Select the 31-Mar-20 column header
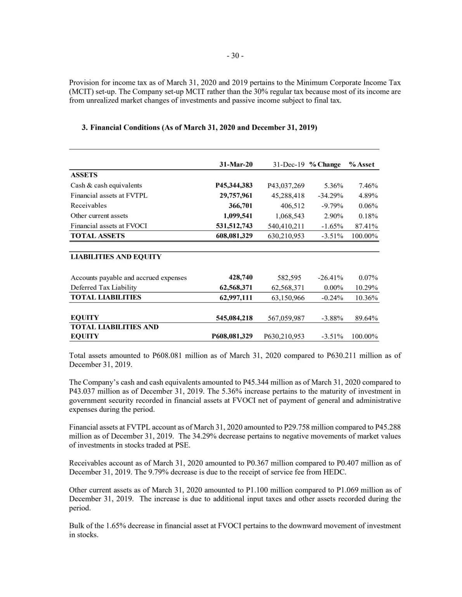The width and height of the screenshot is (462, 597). [x=236, y=164]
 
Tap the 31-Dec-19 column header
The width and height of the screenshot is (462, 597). [x=289, y=164]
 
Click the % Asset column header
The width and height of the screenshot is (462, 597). [x=362, y=164]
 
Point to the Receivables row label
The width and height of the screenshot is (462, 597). [x=88, y=206]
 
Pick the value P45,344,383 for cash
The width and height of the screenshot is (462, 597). [x=234, y=185]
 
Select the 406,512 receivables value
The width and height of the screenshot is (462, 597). [x=292, y=206]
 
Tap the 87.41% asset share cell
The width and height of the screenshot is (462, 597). [x=367, y=226]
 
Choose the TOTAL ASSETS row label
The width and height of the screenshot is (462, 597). [x=97, y=236]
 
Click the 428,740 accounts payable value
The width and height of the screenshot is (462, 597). [x=241, y=277]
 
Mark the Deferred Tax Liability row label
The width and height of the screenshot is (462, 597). [x=104, y=287]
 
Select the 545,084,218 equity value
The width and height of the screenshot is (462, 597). [x=234, y=318]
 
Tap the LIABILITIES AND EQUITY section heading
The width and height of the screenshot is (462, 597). [x=116, y=256]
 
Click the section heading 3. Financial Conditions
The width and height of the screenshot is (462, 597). [x=199, y=127]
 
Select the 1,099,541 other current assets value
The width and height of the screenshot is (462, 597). [x=237, y=216]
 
